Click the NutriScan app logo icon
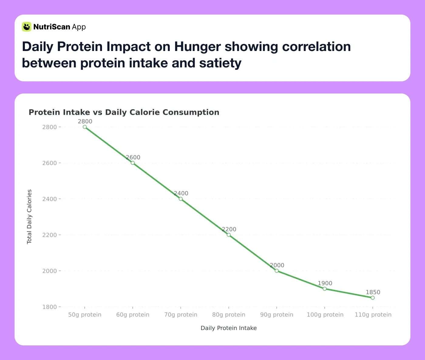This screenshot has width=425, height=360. pyautogui.click(x=27, y=27)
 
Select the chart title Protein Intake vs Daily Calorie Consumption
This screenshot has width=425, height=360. pyautogui.click(x=124, y=112)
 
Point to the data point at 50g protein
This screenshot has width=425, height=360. pyautogui.click(x=85, y=127)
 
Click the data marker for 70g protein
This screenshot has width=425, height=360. pyautogui.click(x=181, y=199)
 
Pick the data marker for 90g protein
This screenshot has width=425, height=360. pyautogui.click(x=277, y=271)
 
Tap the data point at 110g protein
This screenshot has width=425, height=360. pyautogui.click(x=372, y=298)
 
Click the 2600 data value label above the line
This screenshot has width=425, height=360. pyautogui.click(x=133, y=157)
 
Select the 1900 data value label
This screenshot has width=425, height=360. pyautogui.click(x=325, y=283)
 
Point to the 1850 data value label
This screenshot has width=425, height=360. pyautogui.click(x=373, y=292)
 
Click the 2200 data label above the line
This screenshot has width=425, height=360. pyautogui.click(x=229, y=229)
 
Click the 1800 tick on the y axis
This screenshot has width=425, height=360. pyautogui.click(x=49, y=307)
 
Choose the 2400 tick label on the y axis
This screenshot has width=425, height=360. pyautogui.click(x=49, y=199)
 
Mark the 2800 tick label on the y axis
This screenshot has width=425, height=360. pyautogui.click(x=49, y=127)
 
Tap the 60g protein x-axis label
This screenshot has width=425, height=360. pyautogui.click(x=133, y=315)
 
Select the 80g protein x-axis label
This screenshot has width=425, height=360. pyautogui.click(x=229, y=315)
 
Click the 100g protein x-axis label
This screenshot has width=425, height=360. pyautogui.click(x=325, y=315)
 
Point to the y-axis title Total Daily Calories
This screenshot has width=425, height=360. pyautogui.click(x=29, y=217)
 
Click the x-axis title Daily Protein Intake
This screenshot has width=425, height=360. pyautogui.click(x=229, y=328)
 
